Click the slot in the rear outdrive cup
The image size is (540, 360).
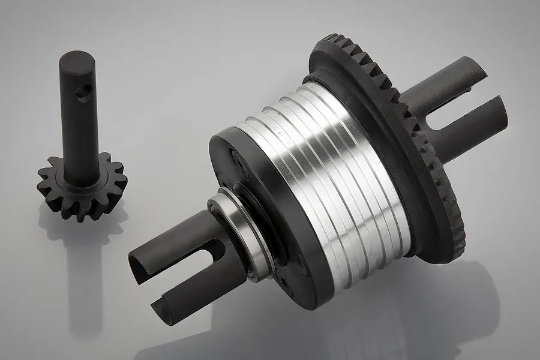(x=456, y=111)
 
